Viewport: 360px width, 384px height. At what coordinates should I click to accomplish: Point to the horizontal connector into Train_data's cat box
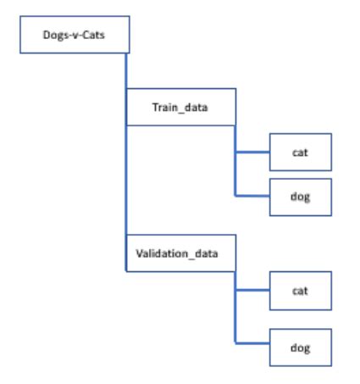click(252, 153)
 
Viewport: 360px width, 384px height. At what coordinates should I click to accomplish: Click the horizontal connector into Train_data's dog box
click(252, 196)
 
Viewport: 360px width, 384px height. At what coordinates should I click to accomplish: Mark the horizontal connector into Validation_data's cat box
click(252, 290)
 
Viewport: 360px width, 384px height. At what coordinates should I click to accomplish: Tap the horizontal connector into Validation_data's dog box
click(252, 343)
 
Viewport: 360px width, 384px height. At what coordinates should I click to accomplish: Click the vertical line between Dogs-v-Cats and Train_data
click(126, 71)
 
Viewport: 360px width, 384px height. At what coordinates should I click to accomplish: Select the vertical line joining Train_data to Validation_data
click(126, 180)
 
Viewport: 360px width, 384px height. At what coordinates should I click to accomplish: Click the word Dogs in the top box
click(54, 36)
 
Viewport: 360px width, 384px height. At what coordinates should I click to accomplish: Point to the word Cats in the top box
click(93, 35)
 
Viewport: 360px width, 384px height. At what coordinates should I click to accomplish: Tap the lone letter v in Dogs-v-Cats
click(75, 36)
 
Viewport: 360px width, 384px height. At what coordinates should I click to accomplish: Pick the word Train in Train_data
click(164, 107)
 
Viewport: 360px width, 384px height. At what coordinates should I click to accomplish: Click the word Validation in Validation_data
click(162, 253)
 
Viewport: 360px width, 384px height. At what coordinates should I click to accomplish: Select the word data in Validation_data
click(207, 253)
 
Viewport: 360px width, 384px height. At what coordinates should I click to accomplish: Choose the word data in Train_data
click(196, 108)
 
